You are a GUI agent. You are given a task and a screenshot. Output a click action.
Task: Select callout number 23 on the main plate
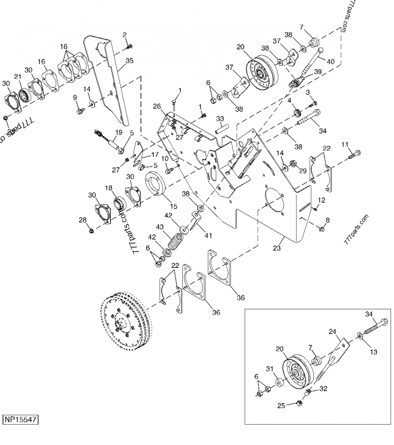277,248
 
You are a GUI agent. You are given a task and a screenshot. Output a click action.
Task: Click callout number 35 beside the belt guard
130,61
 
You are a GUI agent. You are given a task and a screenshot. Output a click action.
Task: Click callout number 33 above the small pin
220,119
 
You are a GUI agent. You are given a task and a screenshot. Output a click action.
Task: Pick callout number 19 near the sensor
119,132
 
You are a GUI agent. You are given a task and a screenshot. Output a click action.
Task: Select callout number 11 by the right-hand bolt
345,144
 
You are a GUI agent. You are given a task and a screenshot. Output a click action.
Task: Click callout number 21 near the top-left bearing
18,76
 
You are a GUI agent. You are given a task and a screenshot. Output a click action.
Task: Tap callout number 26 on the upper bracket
157,106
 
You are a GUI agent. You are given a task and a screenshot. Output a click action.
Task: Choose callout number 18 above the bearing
109,187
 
